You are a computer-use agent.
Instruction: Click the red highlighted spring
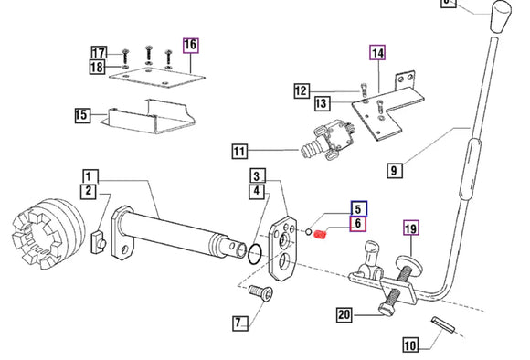coord(320,234)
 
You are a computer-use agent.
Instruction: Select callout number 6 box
coord(357,224)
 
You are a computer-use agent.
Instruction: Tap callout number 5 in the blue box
coord(358,208)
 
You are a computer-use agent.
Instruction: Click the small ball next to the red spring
coord(308,232)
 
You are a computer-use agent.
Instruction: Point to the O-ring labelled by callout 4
coord(255,255)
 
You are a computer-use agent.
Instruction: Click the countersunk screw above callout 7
coord(261,292)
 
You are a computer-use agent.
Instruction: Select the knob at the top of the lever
coord(501,16)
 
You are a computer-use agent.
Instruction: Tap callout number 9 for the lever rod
coord(395,169)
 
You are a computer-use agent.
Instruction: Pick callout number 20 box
coord(344,315)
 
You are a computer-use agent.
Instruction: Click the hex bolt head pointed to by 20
coord(387,310)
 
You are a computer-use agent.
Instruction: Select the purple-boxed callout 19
coord(411,228)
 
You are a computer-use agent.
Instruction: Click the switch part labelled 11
coord(327,141)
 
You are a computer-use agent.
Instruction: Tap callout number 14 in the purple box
coord(377,53)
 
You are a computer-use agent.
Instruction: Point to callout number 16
coord(191,46)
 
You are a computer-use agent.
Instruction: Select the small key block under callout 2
coord(99,241)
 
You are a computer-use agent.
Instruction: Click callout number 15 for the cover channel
coord(82,115)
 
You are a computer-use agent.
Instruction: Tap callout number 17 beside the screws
coord(99,53)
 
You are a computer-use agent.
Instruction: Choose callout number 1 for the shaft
coord(90,177)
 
